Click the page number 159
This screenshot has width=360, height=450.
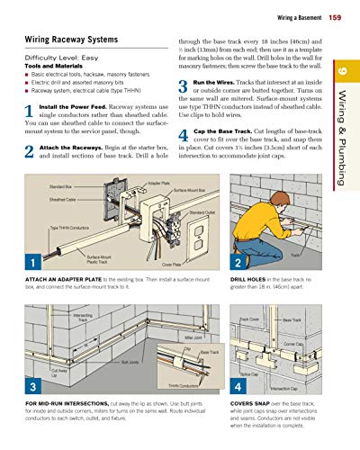pyautogui.click(x=335, y=18)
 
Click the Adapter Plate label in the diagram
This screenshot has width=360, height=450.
pyautogui.click(x=159, y=183)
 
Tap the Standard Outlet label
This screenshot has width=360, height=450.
pyautogui.click(x=202, y=212)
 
